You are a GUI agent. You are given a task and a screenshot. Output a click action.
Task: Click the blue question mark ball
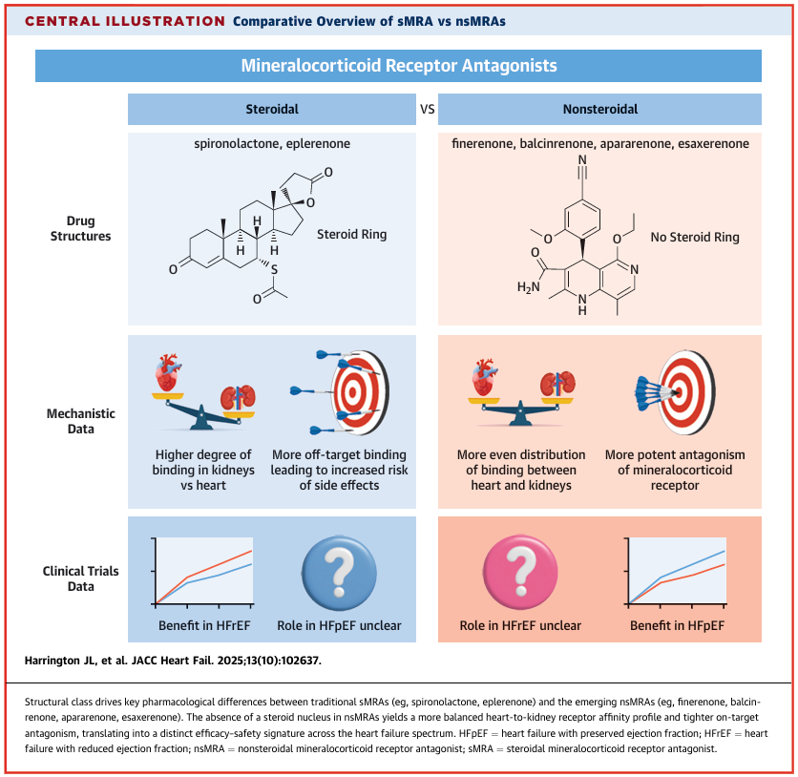[339, 573]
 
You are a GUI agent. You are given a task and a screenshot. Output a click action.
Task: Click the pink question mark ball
[520, 573]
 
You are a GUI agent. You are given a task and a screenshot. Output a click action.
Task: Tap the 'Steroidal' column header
[272, 110]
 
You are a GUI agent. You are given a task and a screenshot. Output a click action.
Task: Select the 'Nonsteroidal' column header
[599, 110]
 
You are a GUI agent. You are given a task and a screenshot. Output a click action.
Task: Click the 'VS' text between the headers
[428, 110]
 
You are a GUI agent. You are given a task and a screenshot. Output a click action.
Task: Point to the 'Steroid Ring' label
[351, 234]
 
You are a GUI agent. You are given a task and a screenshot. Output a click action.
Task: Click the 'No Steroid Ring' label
[695, 237]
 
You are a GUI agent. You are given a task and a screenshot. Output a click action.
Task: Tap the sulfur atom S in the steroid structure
[274, 270]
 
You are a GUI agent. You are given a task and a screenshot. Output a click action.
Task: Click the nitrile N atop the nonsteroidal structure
[582, 159]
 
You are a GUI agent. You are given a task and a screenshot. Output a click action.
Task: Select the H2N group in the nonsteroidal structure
[528, 287]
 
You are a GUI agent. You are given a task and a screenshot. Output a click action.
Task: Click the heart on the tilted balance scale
[168, 373]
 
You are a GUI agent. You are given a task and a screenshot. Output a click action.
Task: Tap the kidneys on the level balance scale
[557, 383]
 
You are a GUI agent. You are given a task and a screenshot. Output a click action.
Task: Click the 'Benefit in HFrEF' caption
[204, 625]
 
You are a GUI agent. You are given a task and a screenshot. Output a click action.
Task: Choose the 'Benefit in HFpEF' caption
[677, 625]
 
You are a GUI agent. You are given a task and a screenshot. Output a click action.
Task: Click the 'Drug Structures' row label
[80, 228]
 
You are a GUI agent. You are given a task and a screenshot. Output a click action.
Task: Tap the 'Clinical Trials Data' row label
[80, 578]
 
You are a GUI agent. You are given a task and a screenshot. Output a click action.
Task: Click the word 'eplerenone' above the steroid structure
[318, 143]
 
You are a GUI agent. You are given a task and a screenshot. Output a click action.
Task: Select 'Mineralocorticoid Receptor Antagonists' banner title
[399, 66]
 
